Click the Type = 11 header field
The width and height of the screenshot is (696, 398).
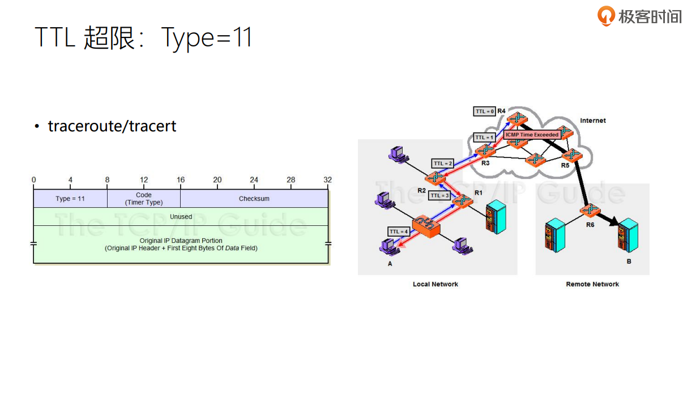(x=70, y=199)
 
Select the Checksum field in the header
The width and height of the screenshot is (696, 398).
(x=254, y=199)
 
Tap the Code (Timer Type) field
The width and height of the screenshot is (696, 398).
(x=144, y=199)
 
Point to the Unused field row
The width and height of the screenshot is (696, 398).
(x=181, y=217)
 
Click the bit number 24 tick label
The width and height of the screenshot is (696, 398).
(x=254, y=180)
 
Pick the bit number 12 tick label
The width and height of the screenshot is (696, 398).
(x=144, y=180)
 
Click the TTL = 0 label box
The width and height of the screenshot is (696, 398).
(x=484, y=112)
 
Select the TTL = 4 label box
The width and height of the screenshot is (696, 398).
(x=399, y=232)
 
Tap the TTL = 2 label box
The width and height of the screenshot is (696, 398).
(x=442, y=164)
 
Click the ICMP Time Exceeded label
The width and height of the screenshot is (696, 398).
(x=531, y=135)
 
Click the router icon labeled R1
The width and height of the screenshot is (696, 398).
(x=463, y=201)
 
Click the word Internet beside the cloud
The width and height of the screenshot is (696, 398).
(x=592, y=121)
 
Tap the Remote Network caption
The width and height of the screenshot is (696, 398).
(x=592, y=284)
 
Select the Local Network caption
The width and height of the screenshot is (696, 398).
(x=435, y=284)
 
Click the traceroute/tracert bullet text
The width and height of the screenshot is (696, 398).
(x=112, y=126)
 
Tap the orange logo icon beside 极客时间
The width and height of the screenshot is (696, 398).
(x=606, y=16)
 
